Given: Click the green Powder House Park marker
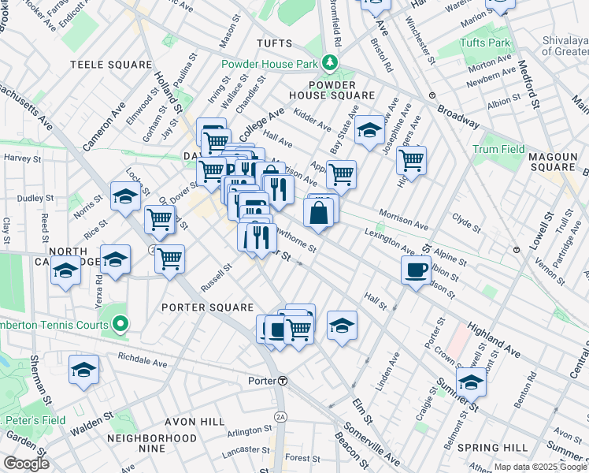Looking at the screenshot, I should tap(331, 63).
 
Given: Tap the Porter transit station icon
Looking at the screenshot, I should tap(282, 380).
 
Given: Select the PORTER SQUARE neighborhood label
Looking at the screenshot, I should tap(208, 307).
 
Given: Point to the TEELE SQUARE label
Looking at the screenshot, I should tap(110, 64).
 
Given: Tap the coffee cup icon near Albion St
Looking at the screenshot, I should tap(415, 270).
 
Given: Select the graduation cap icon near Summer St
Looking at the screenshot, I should tap(471, 382).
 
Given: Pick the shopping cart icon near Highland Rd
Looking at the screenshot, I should tap(411, 160).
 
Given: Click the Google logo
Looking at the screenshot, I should tap(26, 464).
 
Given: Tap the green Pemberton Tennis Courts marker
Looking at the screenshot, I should tap(120, 322).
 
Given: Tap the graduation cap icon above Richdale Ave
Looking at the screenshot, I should tap(84, 370).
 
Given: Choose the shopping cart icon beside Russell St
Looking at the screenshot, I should tap(169, 258).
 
